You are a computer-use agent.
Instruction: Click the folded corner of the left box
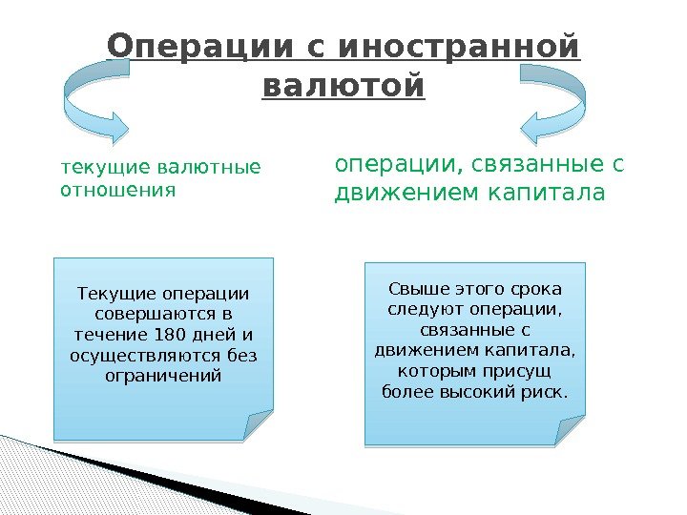258,425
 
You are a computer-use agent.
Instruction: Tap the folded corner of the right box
570,431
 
